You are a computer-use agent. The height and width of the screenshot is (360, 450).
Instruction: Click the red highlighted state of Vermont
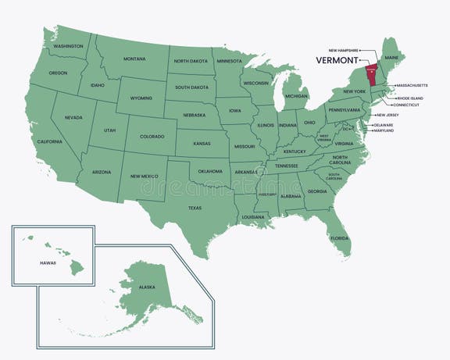(x=372, y=70)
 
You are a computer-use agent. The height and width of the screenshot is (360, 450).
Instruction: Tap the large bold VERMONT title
(x=337, y=59)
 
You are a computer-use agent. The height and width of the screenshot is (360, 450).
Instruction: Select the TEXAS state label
(x=195, y=208)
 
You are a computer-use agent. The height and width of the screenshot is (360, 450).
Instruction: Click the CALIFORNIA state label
(x=49, y=141)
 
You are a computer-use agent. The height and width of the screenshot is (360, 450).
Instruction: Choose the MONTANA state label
(x=134, y=59)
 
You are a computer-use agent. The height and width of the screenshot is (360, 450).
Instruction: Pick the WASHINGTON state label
(x=68, y=46)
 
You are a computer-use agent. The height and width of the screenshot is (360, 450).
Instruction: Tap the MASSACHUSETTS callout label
(x=411, y=84)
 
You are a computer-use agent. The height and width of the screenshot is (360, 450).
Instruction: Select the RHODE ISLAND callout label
(x=409, y=98)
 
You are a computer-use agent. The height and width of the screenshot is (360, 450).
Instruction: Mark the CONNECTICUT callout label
(x=405, y=105)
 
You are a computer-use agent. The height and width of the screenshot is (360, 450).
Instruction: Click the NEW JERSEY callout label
(x=387, y=115)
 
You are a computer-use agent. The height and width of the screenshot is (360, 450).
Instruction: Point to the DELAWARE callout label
(x=383, y=125)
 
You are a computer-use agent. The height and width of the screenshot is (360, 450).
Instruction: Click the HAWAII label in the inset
(x=48, y=263)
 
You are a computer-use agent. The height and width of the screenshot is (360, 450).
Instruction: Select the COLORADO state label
(x=152, y=136)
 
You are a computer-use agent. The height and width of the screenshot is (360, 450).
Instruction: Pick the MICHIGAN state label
(x=296, y=96)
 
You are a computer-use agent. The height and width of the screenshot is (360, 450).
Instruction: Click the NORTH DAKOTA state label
(x=190, y=61)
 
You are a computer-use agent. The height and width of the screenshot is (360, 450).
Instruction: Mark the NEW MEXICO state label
(x=144, y=176)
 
